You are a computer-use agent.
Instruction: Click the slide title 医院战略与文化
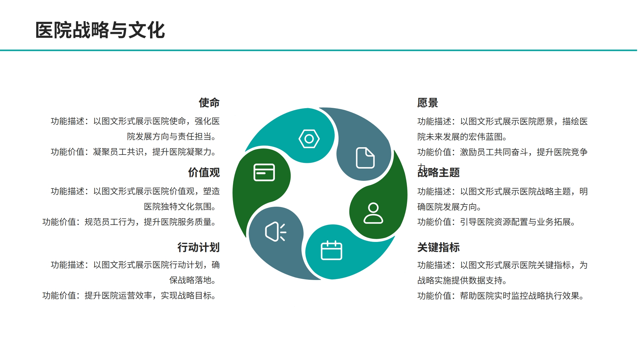point(100,30)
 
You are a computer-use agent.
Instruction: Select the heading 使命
point(209,103)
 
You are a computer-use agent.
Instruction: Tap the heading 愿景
point(428,103)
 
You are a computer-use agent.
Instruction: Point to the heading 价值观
point(204,172)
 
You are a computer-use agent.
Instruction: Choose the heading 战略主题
point(438,172)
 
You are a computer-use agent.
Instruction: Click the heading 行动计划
point(199,247)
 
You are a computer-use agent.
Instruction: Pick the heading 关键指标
point(438,247)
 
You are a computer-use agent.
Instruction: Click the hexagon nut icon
point(309,139)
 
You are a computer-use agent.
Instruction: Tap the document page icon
point(365,158)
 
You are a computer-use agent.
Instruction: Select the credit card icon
point(264,172)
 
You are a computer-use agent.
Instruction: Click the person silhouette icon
point(373,213)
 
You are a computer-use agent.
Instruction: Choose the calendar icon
point(332,250)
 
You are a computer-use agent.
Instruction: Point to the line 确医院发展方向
point(449,207)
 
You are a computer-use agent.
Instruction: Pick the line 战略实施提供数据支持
point(462,281)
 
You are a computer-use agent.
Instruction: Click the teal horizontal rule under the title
point(318,50)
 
